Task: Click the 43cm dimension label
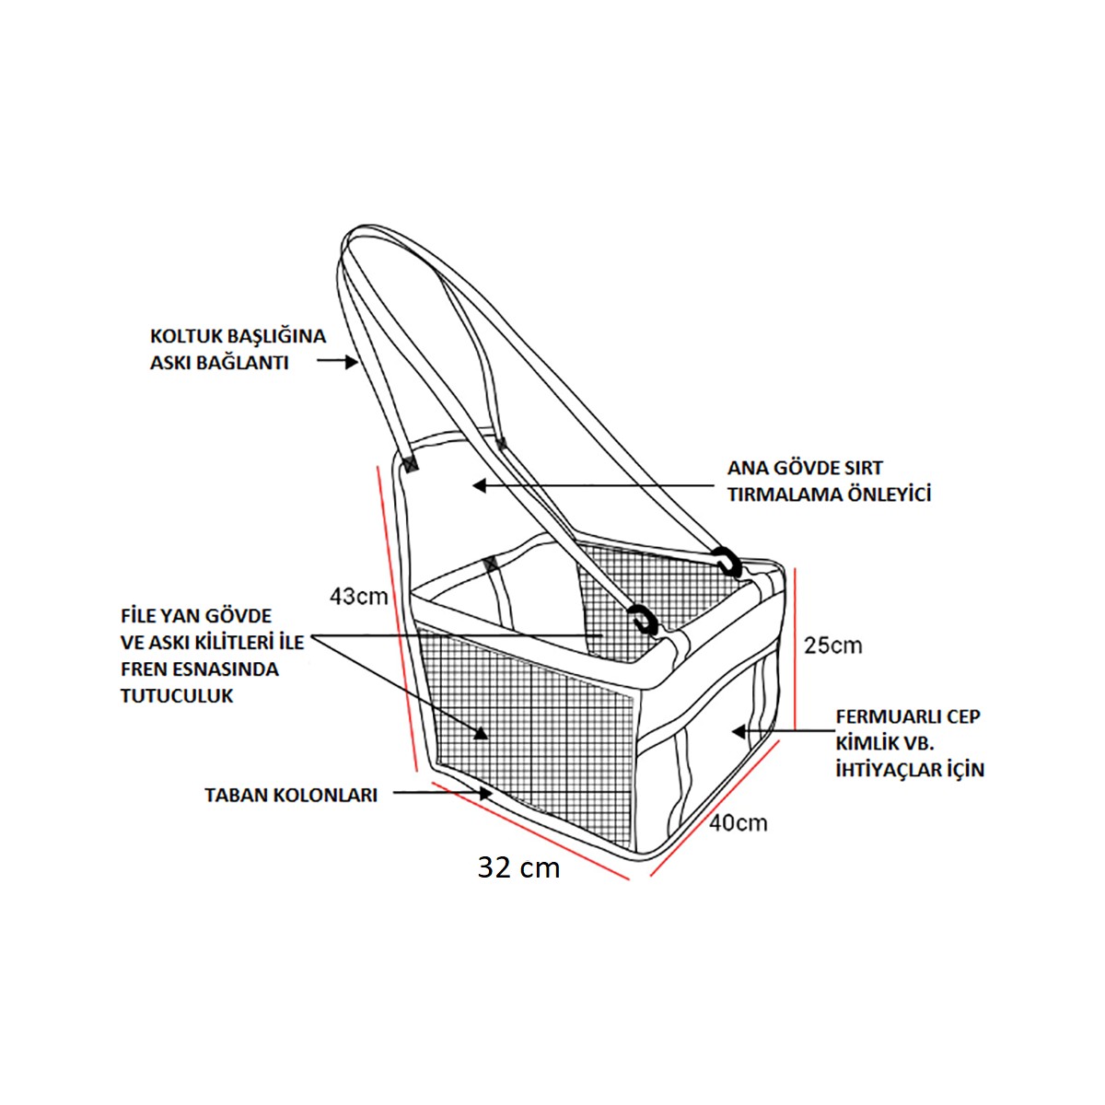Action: point(359,597)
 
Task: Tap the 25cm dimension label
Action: point(832,645)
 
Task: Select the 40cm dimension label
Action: point(738,822)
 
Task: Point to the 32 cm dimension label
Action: point(518,867)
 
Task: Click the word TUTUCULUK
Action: point(177,695)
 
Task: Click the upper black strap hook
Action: point(727,561)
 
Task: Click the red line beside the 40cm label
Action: point(714,811)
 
